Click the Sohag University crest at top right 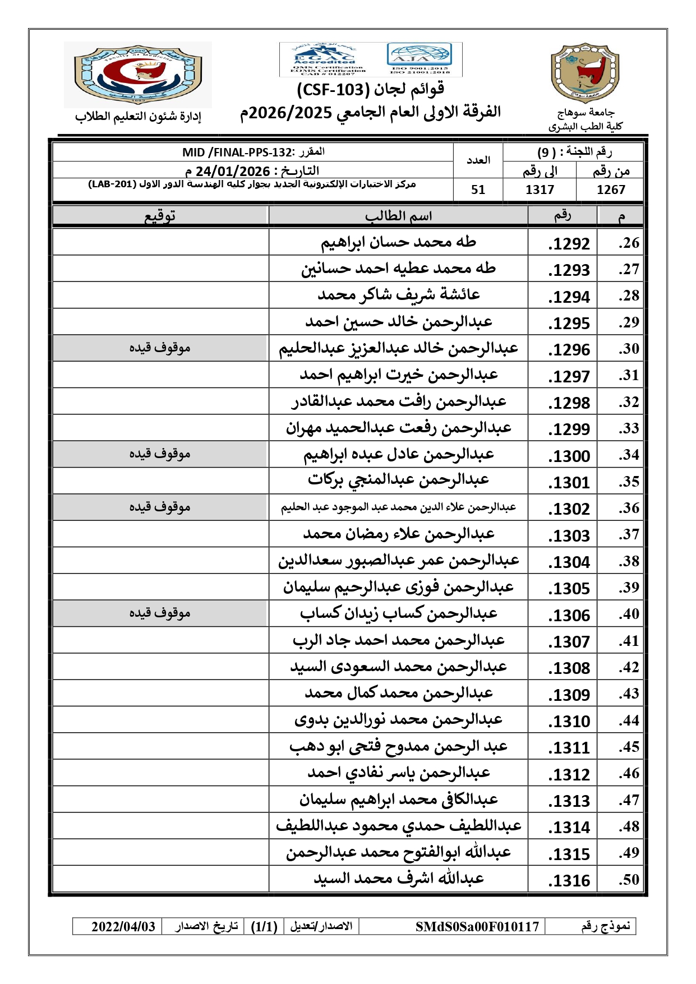584,73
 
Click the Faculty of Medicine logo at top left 137,74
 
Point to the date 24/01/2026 233,171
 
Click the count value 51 478,190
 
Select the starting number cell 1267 611,190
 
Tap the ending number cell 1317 540,190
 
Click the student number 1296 569,350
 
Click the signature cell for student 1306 160,613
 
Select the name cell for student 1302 398,507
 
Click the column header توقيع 160,216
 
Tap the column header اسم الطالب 398,216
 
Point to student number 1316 569,880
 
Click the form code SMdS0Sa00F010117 477,926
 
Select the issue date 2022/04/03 123,926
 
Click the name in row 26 398,242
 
